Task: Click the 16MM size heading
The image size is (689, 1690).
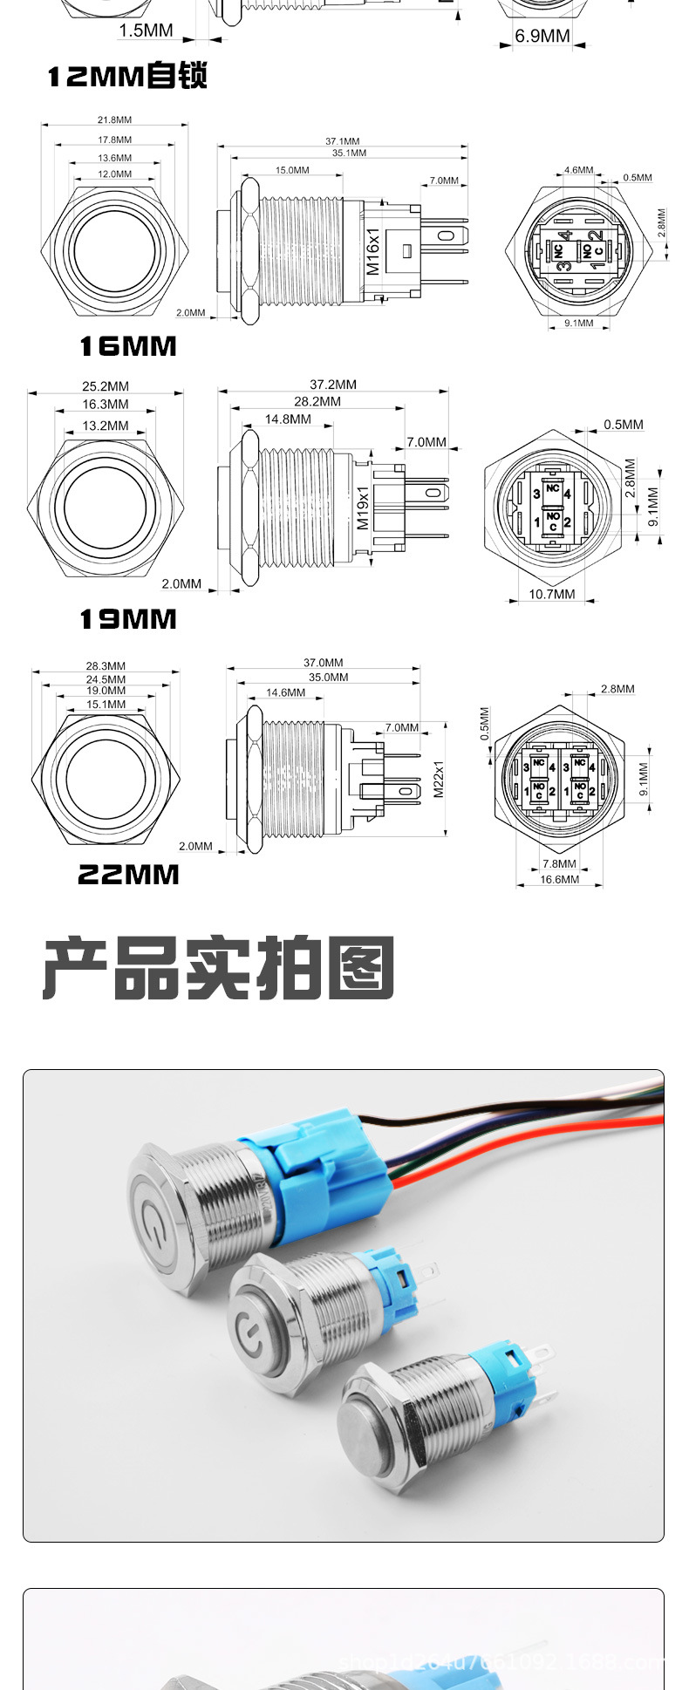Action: tap(128, 347)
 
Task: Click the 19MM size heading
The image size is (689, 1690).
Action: tap(128, 620)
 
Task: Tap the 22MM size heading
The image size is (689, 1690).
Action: tap(128, 875)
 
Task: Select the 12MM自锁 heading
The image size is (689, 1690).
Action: tap(127, 77)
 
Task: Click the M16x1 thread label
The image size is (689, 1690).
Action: tap(373, 252)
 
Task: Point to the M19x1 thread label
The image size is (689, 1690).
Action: tap(364, 508)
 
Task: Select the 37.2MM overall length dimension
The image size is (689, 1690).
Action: tap(333, 385)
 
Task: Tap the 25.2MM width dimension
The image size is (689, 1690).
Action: tap(106, 386)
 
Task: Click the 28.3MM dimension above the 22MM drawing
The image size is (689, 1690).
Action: tap(106, 666)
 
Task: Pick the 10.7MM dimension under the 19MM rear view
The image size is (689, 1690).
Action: tap(552, 594)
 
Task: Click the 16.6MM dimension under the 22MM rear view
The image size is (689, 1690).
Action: tap(559, 879)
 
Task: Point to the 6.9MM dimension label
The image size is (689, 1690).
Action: tap(542, 36)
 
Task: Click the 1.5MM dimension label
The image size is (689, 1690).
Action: tap(146, 31)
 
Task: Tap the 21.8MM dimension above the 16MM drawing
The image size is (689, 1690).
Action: tap(114, 120)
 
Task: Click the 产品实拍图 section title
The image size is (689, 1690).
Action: tap(219, 968)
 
